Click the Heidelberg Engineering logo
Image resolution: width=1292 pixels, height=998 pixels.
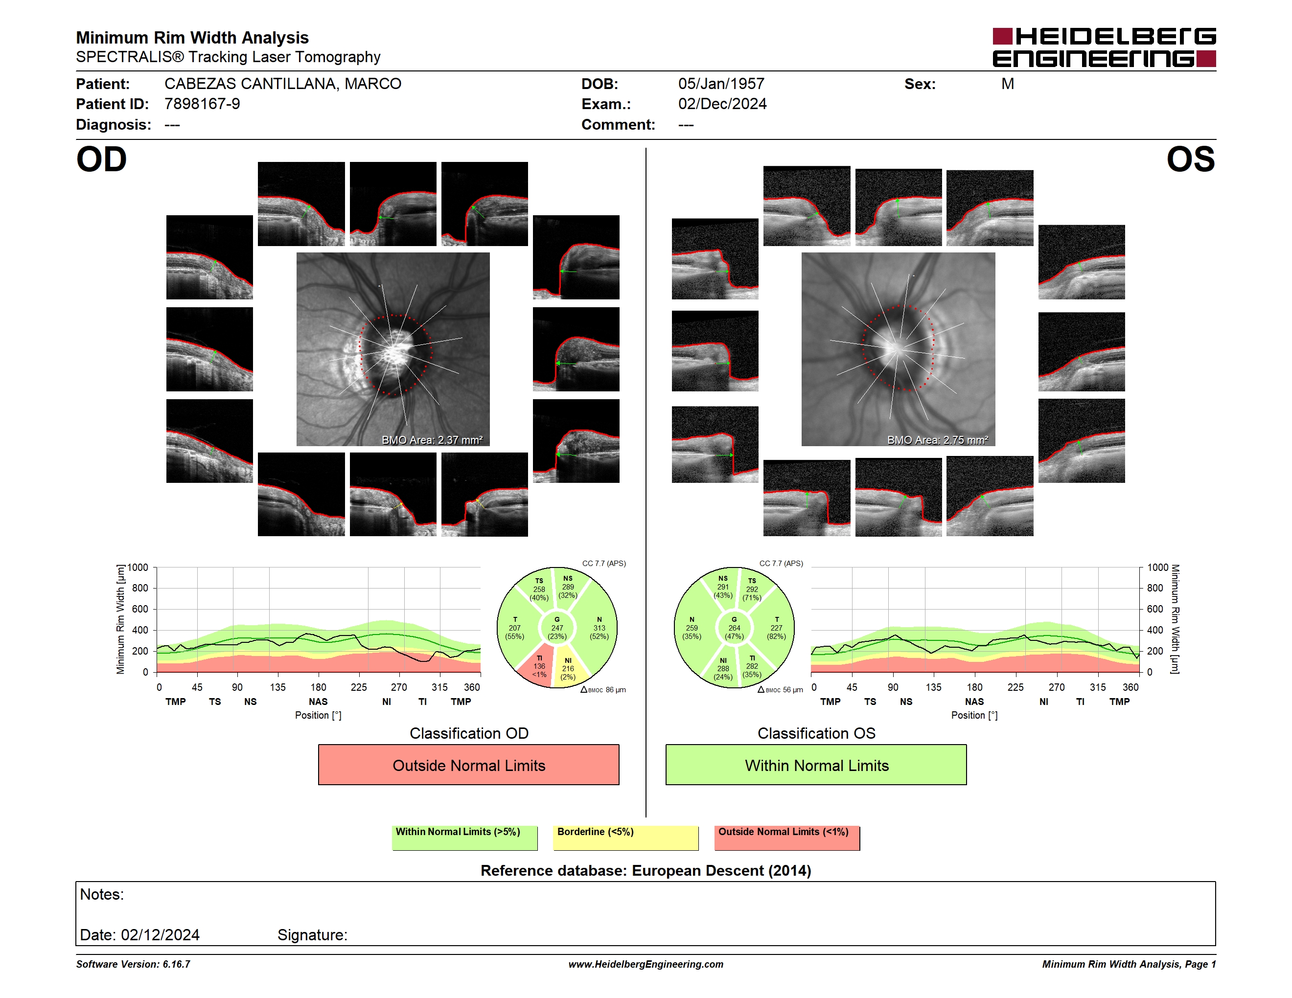click(1104, 47)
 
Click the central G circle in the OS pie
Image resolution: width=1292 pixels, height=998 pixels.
click(734, 628)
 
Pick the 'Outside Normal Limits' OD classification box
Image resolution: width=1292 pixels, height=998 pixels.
click(468, 765)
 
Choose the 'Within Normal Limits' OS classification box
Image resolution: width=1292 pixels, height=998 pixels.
click(816, 765)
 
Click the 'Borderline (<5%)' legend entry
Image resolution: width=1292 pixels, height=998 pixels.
click(626, 838)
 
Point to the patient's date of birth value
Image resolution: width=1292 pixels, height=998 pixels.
click(721, 84)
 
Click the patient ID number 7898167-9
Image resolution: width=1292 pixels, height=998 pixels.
click(202, 104)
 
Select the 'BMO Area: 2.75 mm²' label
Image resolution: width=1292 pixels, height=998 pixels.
click(938, 440)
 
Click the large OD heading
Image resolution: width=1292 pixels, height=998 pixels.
click(101, 159)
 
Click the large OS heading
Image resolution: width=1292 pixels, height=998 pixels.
click(1190, 159)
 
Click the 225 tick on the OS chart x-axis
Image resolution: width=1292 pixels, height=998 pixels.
click(1015, 687)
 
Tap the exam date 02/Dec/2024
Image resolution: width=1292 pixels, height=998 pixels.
click(722, 104)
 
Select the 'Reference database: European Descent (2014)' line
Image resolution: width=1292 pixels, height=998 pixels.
click(646, 871)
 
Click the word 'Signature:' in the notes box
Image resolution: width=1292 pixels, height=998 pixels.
click(312, 935)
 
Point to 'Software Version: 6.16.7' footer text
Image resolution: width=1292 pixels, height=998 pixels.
click(133, 964)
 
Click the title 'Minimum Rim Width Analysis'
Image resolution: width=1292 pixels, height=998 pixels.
click(192, 38)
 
